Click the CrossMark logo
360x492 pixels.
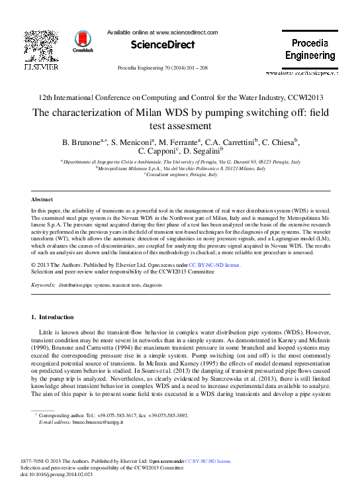pos(83,42)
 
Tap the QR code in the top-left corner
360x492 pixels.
pos(41,46)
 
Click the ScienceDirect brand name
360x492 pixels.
pos(162,45)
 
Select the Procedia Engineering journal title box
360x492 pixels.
pos(310,50)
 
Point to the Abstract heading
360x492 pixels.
pos(42,199)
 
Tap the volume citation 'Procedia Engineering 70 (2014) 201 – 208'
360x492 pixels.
pos(162,68)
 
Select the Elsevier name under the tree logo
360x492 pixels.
pos(41,67)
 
